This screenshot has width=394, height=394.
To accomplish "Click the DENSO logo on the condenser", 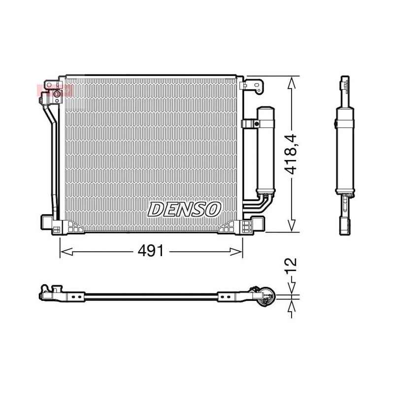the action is click(184, 210).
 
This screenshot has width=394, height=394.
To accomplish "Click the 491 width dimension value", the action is click(151, 251).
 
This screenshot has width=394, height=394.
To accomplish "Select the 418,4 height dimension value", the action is click(291, 155).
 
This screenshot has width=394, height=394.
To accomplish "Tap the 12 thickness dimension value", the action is click(291, 265).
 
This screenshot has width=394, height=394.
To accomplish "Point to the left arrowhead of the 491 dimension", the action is click(66, 251).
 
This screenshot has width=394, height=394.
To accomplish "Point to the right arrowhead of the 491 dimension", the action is click(236, 251).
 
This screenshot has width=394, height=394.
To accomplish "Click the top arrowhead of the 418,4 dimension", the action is click(292, 83).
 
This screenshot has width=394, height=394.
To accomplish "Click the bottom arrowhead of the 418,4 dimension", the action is click(292, 225).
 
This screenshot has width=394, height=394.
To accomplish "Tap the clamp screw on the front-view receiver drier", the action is click(257, 124).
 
